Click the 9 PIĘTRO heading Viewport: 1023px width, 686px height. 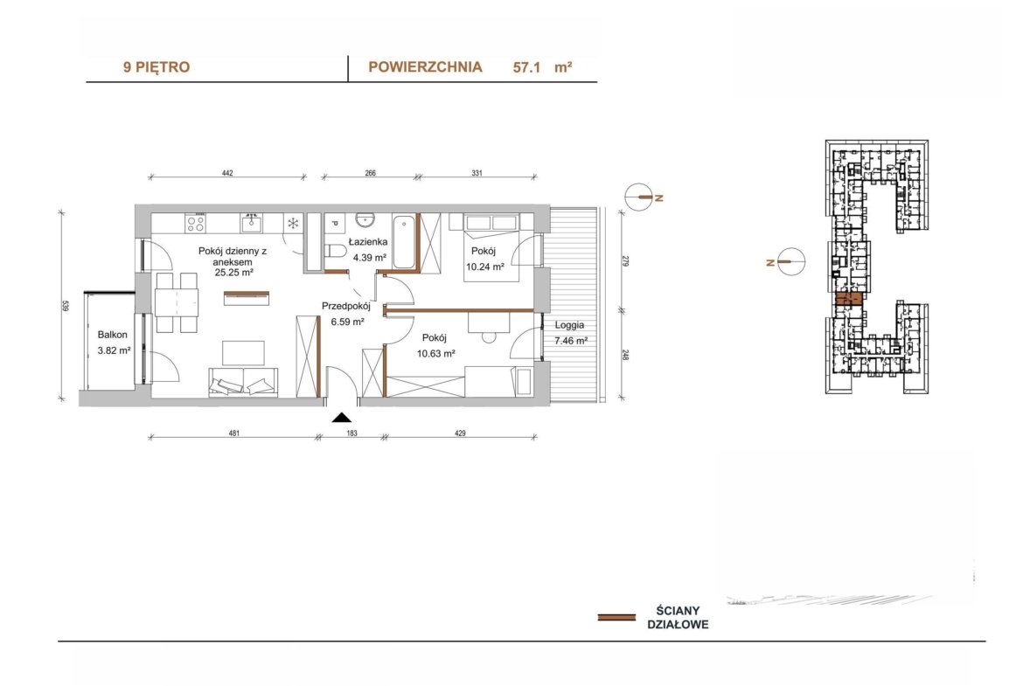(157, 67)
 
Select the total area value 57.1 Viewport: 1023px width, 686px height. (527, 67)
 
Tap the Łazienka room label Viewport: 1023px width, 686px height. (368, 242)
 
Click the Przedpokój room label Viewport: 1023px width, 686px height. (345, 306)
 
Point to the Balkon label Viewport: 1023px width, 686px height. (112, 335)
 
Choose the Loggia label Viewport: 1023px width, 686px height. (569, 325)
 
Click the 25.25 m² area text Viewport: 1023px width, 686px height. (234, 273)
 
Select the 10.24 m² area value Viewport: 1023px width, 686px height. (484, 266)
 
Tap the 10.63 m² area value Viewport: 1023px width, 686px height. (435, 353)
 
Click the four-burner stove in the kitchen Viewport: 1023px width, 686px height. (196, 223)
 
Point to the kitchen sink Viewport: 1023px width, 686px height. (251, 223)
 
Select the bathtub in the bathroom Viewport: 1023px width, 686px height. (404, 241)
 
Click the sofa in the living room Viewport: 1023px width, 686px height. (243, 382)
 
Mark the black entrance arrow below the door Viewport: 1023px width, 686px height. (342, 418)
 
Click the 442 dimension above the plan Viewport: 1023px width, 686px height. (227, 173)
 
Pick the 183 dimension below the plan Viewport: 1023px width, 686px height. (351, 433)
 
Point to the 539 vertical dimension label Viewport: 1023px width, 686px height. (65, 305)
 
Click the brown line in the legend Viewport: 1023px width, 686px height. (616, 617)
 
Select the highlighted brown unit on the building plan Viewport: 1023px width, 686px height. (849, 300)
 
